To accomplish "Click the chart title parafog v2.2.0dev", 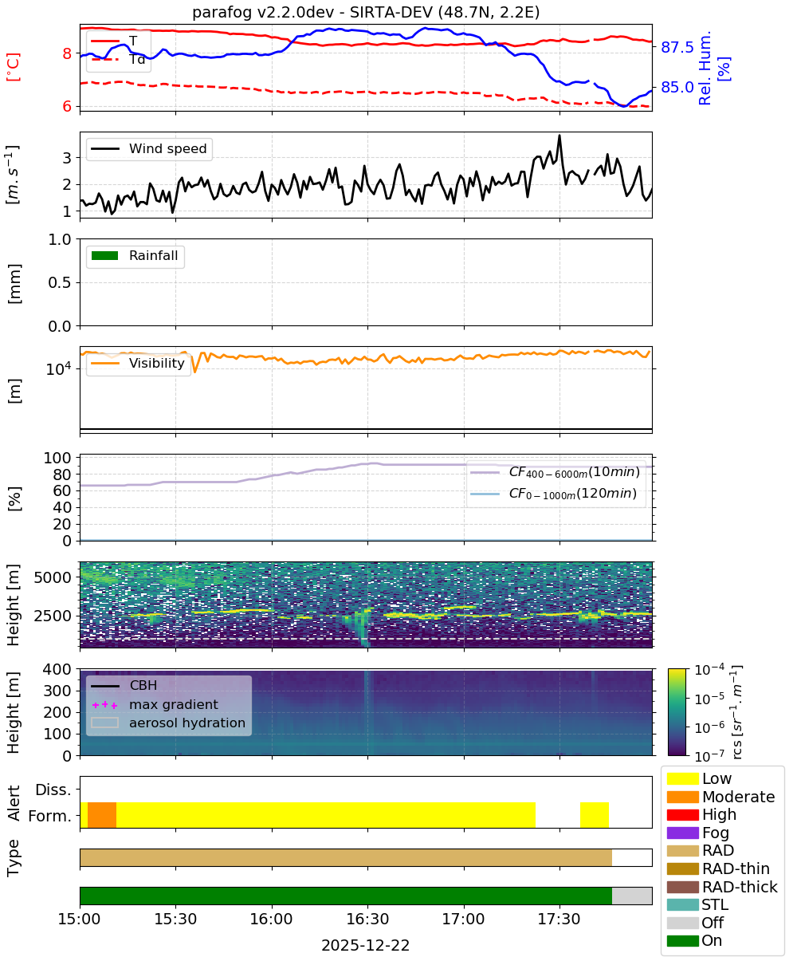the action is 262,12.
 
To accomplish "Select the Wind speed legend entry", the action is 149,148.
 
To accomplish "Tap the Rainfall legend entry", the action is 135,255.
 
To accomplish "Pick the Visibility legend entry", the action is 138,363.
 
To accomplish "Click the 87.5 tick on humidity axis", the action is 677,47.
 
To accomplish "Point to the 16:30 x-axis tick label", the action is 367,919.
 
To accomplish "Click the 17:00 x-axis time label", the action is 464,919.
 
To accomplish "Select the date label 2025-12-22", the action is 366,944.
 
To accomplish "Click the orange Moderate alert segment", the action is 102,815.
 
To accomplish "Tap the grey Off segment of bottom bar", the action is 632,896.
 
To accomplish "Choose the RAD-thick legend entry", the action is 722,886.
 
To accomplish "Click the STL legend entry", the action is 697,904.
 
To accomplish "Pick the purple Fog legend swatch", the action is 682,833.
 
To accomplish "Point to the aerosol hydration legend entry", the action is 168,723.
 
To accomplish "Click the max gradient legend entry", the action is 155,704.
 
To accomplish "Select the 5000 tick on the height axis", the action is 53,577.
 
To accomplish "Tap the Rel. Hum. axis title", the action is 705,68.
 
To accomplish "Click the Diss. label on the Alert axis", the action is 53,790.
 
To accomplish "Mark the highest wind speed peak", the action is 559,136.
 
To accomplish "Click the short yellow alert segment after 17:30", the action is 595,815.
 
